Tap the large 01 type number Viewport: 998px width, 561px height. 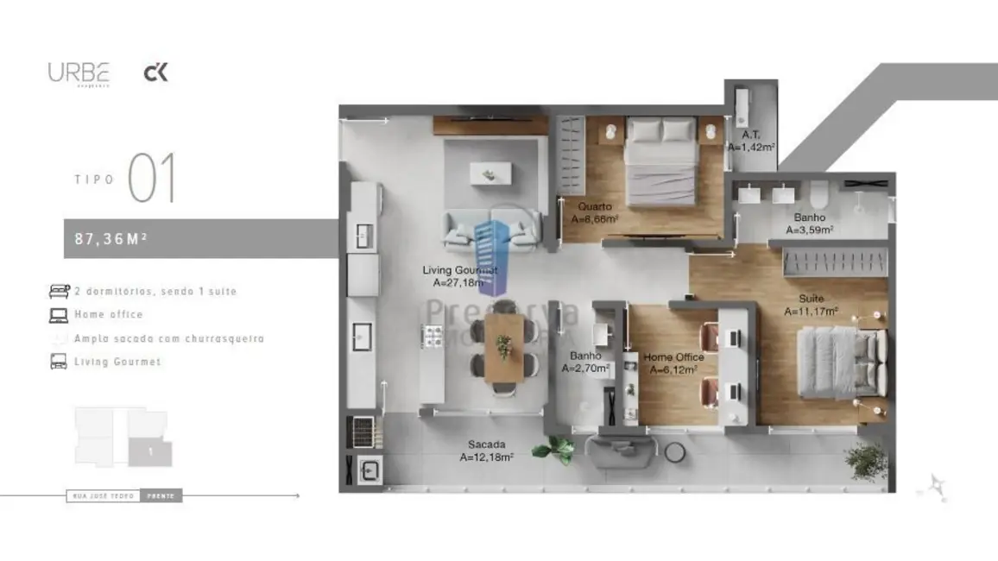click(x=152, y=179)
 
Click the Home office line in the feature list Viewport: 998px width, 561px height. click(x=109, y=315)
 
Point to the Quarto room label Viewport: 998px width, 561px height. click(x=595, y=207)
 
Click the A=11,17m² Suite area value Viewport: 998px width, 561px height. click(x=812, y=312)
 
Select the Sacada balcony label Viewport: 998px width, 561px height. click(x=487, y=444)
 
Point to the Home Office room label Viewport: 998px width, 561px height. click(x=673, y=357)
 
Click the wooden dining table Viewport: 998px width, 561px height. click(x=503, y=347)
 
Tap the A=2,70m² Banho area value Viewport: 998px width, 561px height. click(x=585, y=369)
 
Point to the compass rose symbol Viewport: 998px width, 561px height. click(x=936, y=487)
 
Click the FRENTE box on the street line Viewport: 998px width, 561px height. click(x=161, y=496)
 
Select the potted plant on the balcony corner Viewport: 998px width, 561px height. click(x=866, y=459)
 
